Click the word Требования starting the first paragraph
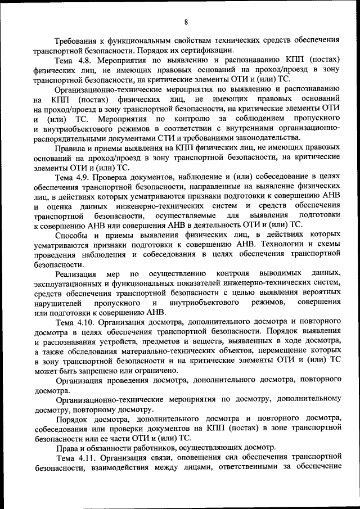(78, 40)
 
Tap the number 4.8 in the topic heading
(89, 60)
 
